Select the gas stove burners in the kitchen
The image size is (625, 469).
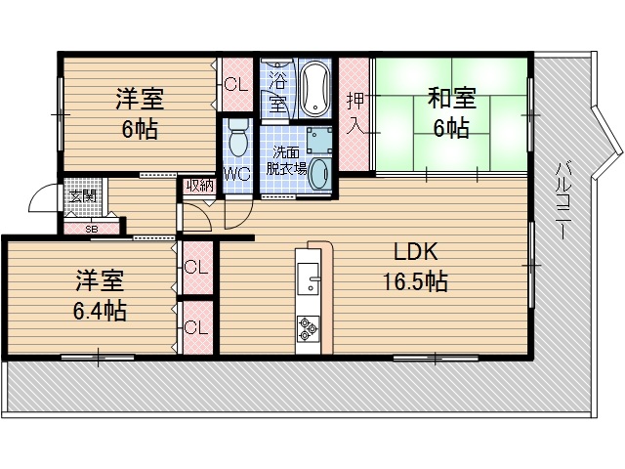[308, 329]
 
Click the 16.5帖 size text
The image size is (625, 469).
[414, 282]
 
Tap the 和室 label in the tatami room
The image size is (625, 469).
[451, 100]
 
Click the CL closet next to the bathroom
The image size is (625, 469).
[236, 85]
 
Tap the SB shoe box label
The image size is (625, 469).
[92, 229]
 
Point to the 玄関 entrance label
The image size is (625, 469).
[79, 195]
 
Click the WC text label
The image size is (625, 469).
[236, 175]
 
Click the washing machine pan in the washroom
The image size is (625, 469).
[319, 140]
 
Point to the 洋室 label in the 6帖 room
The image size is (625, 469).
[140, 100]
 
